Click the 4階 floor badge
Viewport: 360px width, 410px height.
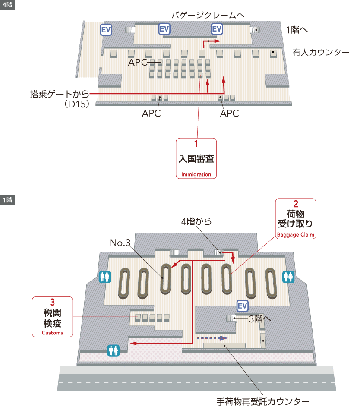[7, 6]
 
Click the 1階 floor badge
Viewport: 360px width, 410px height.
[7, 200]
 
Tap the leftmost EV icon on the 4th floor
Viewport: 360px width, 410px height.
[106, 29]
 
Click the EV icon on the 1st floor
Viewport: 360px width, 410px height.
[243, 306]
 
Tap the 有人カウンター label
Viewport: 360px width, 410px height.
[321, 52]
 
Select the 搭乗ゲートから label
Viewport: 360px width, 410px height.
[60, 93]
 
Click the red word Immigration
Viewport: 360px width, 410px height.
[196, 174]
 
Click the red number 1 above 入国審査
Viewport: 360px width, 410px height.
[196, 143]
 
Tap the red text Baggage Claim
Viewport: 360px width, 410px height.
[296, 235]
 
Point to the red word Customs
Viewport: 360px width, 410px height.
[52, 333]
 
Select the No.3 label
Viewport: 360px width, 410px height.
[120, 243]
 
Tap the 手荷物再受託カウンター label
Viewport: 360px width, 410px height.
[263, 401]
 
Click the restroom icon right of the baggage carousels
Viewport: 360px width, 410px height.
[288, 277]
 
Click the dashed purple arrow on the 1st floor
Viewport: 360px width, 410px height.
[212, 338]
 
